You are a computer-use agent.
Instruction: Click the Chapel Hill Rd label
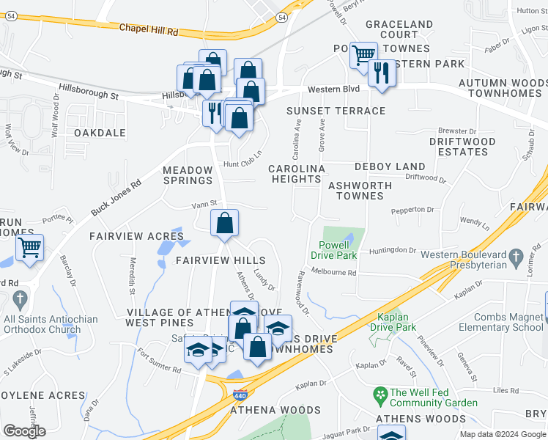coord(148,32)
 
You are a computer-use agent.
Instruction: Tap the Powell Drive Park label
coord(337,250)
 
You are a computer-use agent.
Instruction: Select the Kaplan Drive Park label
coord(393,322)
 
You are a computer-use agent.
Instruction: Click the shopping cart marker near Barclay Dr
coord(29,247)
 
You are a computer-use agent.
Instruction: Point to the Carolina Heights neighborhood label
coord(296,174)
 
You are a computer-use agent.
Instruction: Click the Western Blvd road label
coord(333,89)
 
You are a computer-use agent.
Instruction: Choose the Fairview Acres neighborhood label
coord(136,236)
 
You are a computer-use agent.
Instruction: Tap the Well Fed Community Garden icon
coord(379,394)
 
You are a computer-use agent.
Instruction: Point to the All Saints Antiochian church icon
coord(19,299)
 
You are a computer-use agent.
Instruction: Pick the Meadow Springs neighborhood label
coord(187,175)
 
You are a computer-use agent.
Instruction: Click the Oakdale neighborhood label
coord(100,133)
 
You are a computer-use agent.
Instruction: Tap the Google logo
coord(24,430)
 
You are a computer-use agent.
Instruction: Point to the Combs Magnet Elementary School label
coord(502,322)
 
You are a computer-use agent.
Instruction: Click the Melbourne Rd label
coord(333,272)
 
